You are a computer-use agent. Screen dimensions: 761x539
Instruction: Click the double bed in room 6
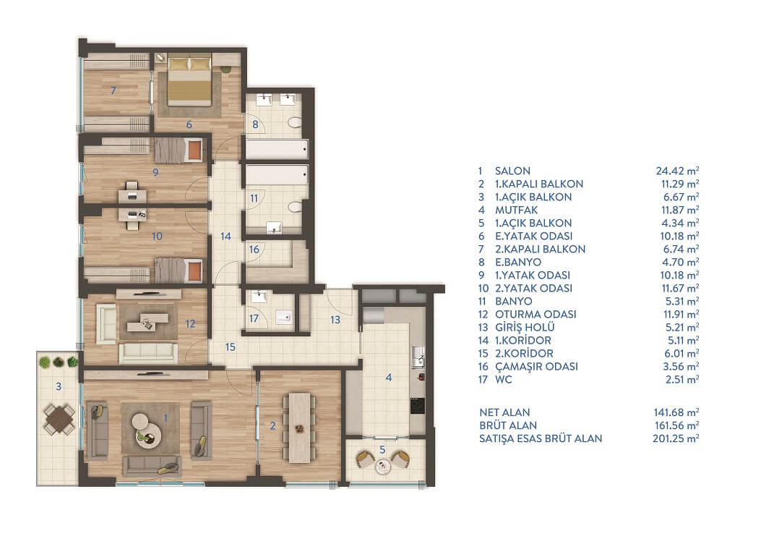pos(190,81)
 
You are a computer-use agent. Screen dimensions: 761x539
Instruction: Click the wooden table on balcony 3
pos(60,419)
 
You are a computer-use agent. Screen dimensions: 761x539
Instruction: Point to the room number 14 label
pos(225,237)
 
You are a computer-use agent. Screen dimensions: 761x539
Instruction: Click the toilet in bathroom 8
pos(295,122)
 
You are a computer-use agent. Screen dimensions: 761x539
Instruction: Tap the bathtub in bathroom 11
pos(277,174)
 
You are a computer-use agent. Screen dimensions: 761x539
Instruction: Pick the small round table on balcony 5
pos(384,467)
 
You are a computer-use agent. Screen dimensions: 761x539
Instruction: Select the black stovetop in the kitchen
pos(418,405)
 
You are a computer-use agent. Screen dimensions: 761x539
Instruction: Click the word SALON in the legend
pos(512,171)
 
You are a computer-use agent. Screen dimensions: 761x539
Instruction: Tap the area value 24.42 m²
pos(677,171)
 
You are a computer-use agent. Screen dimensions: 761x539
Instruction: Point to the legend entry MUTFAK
pos(517,211)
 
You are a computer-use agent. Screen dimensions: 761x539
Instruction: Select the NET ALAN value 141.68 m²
pos(676,412)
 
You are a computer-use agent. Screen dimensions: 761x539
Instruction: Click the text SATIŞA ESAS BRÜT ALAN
pos(541,438)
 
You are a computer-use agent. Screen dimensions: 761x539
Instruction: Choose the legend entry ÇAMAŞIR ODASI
pos(536,367)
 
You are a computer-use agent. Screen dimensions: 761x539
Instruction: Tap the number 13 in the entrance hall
pos(335,320)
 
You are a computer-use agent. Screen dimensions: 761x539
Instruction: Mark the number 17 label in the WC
pos(254,319)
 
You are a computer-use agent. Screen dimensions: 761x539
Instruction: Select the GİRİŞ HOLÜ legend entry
pos(525,327)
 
